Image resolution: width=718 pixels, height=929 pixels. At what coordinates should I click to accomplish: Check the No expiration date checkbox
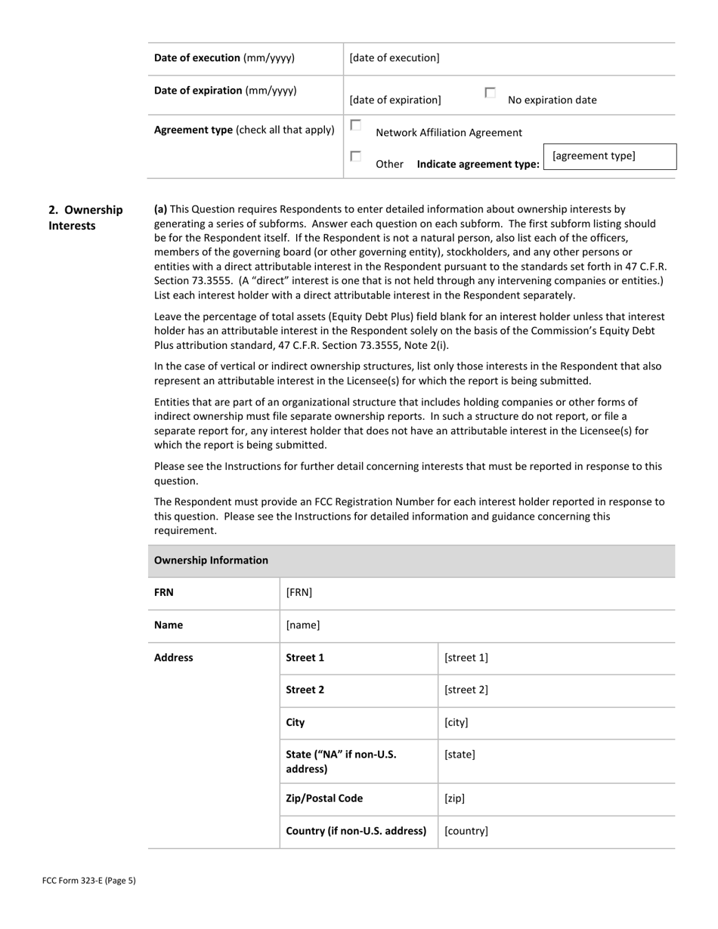pyautogui.click(x=490, y=93)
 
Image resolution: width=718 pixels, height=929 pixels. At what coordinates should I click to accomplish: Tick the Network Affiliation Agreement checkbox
pyautogui.click(x=355, y=125)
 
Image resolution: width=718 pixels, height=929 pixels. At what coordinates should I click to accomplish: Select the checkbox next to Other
pyautogui.click(x=355, y=156)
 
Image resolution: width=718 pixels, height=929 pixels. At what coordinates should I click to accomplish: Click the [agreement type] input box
pyautogui.click(x=610, y=156)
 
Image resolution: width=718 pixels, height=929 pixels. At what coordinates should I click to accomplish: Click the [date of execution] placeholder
pyautogui.click(x=394, y=58)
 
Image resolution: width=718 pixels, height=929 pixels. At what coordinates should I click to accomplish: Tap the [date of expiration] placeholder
pyautogui.click(x=395, y=100)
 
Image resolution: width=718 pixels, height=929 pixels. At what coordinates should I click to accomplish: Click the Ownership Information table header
pyautogui.click(x=211, y=560)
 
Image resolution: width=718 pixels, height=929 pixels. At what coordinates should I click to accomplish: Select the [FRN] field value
pyautogui.click(x=299, y=593)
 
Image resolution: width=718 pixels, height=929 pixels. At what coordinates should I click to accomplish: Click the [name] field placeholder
pyautogui.click(x=302, y=625)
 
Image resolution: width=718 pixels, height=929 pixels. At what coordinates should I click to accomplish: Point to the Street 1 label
pyautogui.click(x=305, y=658)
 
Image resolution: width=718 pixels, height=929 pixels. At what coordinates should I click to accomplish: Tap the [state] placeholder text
pyautogui.click(x=460, y=755)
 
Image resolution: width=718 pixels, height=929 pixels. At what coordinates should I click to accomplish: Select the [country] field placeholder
pyautogui.click(x=466, y=831)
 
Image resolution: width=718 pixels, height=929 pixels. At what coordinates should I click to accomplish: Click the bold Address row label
pyautogui.click(x=173, y=658)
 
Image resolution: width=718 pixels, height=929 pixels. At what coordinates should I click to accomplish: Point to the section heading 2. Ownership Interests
pyautogui.click(x=85, y=218)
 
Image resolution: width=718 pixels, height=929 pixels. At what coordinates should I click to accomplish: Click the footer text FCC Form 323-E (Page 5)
pyautogui.click(x=89, y=880)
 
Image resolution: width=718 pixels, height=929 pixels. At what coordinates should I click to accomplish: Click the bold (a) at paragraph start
pyautogui.click(x=160, y=209)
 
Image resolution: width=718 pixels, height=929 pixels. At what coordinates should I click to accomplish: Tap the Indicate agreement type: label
pyautogui.click(x=478, y=164)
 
